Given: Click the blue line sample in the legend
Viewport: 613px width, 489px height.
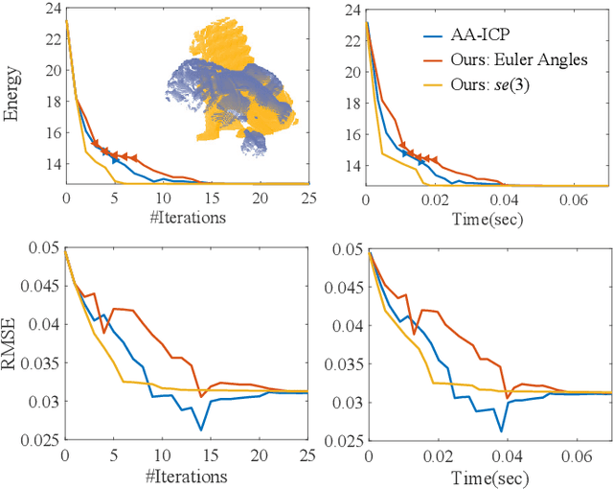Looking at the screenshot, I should [x=439, y=35].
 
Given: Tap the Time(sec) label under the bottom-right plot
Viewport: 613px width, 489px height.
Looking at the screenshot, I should [x=488, y=477].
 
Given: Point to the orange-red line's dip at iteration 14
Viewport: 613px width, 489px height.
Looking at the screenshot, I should [x=201, y=396].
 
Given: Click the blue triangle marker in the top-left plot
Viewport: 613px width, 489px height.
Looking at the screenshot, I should [x=115, y=160].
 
